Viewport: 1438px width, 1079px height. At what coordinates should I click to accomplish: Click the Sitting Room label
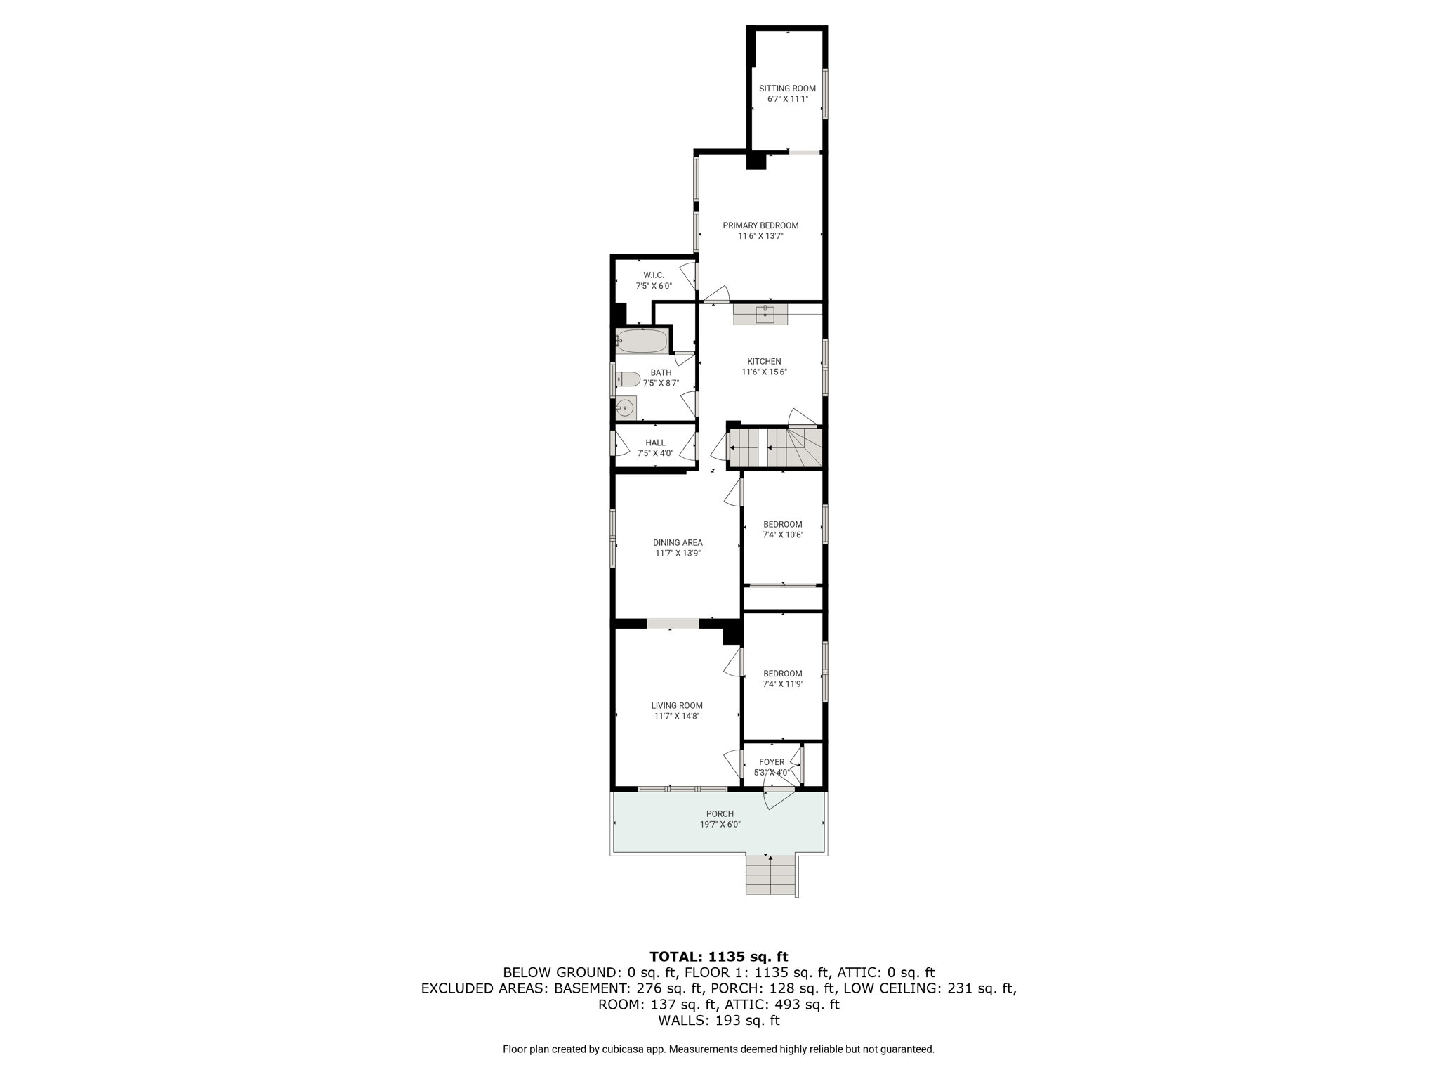click(x=787, y=89)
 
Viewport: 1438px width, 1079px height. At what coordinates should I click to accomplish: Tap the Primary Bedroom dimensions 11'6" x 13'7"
click(x=760, y=236)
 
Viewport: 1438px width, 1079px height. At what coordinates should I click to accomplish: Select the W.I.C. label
click(x=654, y=275)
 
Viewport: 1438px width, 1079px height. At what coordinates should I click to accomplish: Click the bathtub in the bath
click(x=642, y=341)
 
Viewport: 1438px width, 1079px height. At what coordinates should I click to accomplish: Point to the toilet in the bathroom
click(x=628, y=379)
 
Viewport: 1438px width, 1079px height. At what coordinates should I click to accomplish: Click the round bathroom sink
click(x=624, y=407)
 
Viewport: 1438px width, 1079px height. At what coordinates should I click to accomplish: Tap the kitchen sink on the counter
click(x=765, y=313)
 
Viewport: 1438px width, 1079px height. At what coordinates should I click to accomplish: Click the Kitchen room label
click(x=764, y=362)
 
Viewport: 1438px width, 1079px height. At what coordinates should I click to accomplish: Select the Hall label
click(x=655, y=443)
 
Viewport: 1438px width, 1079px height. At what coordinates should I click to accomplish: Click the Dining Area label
click(x=678, y=542)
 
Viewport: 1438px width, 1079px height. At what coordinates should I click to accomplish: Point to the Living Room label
click(x=677, y=705)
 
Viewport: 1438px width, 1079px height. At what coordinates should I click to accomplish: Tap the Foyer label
click(x=772, y=762)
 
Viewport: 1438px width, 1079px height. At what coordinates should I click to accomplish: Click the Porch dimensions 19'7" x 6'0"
click(x=720, y=825)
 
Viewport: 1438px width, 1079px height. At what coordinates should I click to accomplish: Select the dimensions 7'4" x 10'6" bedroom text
click(x=783, y=535)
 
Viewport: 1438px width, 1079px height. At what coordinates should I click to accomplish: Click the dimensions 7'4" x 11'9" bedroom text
click(x=783, y=684)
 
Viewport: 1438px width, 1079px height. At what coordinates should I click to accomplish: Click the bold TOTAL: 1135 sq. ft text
click(x=719, y=956)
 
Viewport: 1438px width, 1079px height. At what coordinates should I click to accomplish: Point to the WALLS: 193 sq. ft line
click(x=719, y=1021)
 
